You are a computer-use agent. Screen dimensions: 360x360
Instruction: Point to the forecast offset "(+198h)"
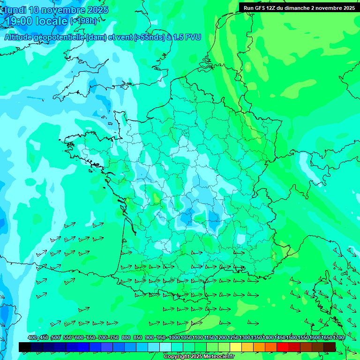[x=84, y=21]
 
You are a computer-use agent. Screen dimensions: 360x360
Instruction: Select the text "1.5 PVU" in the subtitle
[x=187, y=37]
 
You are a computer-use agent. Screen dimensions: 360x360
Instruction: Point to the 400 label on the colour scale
[x=32, y=338]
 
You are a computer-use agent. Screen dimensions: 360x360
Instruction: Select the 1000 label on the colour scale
[x=174, y=338]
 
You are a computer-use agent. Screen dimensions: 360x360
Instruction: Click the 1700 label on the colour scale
[x=338, y=338]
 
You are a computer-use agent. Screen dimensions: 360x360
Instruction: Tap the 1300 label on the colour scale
[x=245, y=338]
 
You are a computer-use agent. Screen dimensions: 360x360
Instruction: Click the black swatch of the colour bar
[x=25, y=347]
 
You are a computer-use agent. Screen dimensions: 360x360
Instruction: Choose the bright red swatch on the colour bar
[x=283, y=347]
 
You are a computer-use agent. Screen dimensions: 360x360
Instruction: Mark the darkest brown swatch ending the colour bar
[x=330, y=347]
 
